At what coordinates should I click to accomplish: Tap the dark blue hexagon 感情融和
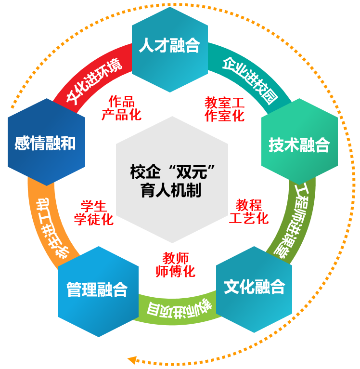46,142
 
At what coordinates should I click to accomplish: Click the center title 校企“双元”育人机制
171,181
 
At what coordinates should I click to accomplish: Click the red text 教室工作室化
224,109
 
